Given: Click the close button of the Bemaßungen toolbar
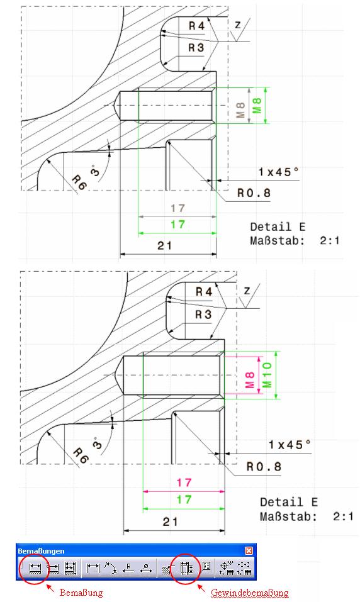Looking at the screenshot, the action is click(249, 550).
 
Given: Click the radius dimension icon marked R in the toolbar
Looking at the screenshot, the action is click(128, 568).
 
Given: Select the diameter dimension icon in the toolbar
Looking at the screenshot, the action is click(146, 568).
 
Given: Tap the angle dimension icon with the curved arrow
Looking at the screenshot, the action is click(111, 568).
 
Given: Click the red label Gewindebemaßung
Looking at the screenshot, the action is click(249, 593).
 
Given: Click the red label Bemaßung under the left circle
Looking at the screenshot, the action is click(81, 593).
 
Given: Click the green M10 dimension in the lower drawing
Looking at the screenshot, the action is click(267, 375).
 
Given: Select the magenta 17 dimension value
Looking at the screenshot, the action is click(184, 482).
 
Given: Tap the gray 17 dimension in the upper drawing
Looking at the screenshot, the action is click(178, 208).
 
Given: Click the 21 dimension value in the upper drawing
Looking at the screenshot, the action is click(164, 245).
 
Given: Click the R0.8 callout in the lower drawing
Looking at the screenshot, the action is click(264, 467).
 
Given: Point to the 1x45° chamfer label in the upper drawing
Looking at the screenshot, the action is click(278, 172).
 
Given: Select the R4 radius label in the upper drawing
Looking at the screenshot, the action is click(196, 26).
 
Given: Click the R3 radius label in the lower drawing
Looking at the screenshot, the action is click(204, 315).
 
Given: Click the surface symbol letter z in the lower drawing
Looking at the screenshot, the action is click(247, 291).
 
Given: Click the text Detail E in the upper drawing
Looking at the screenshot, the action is click(278, 226).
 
